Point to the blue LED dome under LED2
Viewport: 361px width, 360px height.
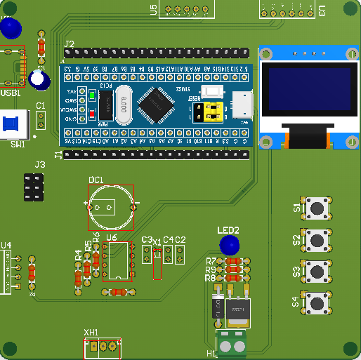coord(228,245)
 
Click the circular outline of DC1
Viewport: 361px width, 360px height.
coord(110,206)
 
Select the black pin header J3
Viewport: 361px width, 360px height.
coord(32,189)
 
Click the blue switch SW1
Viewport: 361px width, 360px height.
coord(12,126)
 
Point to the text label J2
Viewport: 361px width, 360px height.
coord(69,44)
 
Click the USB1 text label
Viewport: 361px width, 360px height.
coord(11,93)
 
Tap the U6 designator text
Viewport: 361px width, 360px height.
coord(111,239)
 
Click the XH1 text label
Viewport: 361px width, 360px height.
coord(91,332)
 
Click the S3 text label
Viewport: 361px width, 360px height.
coord(296,271)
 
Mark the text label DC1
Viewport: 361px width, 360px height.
coord(96,180)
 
